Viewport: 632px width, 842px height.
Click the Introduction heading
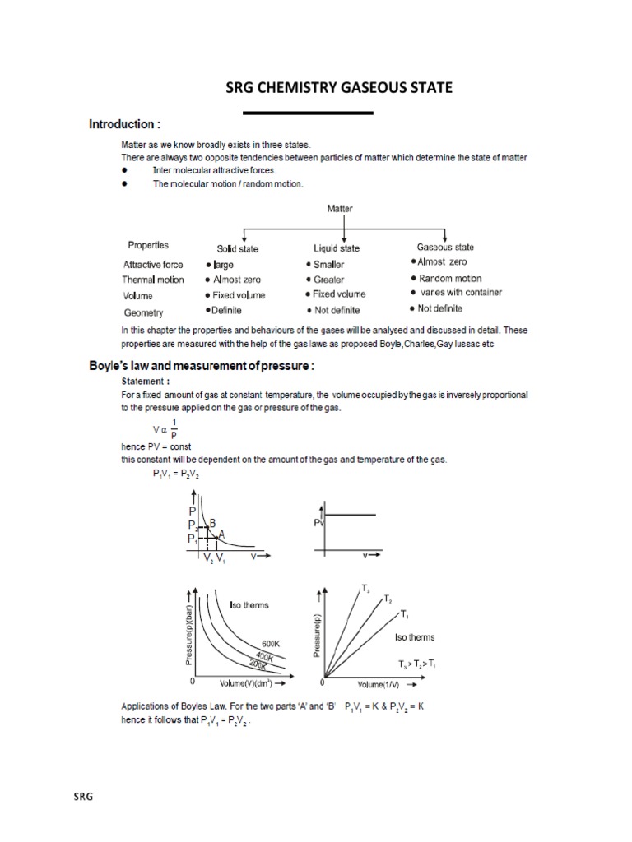[124, 125]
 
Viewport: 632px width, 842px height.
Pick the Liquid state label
[337, 248]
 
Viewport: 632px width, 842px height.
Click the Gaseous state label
[445, 247]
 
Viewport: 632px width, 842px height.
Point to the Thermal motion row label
[154, 280]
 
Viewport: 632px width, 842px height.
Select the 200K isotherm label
[262, 662]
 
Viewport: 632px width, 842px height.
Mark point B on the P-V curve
[212, 522]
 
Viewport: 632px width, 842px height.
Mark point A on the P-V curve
[221, 534]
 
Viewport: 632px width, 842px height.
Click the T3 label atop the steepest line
[365, 589]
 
